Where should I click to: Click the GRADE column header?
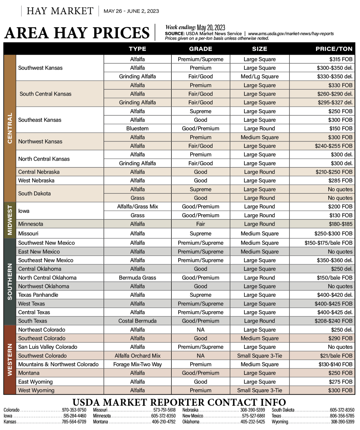pyautogui.click(x=200, y=49)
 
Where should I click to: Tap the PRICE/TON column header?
pyautogui.click(x=334, y=49)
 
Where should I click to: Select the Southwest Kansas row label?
pyautogui.click(x=40, y=68)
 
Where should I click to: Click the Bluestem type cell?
pyautogui.click(x=137, y=128)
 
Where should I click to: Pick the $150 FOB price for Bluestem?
pyautogui.click(x=341, y=128)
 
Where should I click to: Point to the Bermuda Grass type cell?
pyautogui.click(x=137, y=278)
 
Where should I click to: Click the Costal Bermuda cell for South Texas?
pyautogui.click(x=137, y=321)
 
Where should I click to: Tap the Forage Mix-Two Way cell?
pyautogui.click(x=137, y=364)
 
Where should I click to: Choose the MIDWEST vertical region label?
pyautogui.click(x=10, y=220)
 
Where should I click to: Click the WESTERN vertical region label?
pyautogui.click(x=10, y=360)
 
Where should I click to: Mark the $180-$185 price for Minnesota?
pyautogui.click(x=340, y=224)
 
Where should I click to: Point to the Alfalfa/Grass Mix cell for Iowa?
pyautogui.click(x=137, y=207)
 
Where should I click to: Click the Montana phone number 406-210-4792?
pyautogui.click(x=163, y=422)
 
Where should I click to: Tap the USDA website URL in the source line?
pyautogui.click(x=291, y=34)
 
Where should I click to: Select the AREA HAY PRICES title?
pyautogui.click(x=77, y=33)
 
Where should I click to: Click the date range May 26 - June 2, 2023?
pyautogui.click(x=131, y=11)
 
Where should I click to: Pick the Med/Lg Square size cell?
pyautogui.click(x=259, y=76)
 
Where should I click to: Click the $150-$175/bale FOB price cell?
pyautogui.click(x=328, y=243)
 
